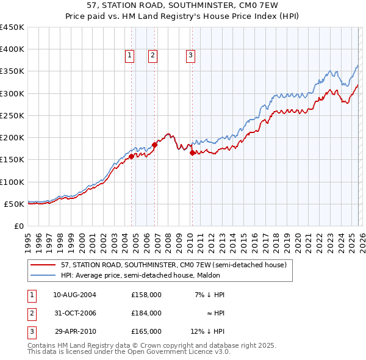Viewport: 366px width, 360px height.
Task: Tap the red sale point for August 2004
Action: [131, 156]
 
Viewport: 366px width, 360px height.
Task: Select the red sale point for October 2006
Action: [155, 145]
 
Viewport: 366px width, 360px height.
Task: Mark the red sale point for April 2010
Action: [192, 153]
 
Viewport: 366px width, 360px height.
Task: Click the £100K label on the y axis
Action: [12, 182]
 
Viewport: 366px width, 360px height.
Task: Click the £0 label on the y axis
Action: [18, 226]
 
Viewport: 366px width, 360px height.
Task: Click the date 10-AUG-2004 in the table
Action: [74, 295]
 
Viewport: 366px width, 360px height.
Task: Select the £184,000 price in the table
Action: [146, 313]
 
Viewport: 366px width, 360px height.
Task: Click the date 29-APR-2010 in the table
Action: [74, 331]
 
